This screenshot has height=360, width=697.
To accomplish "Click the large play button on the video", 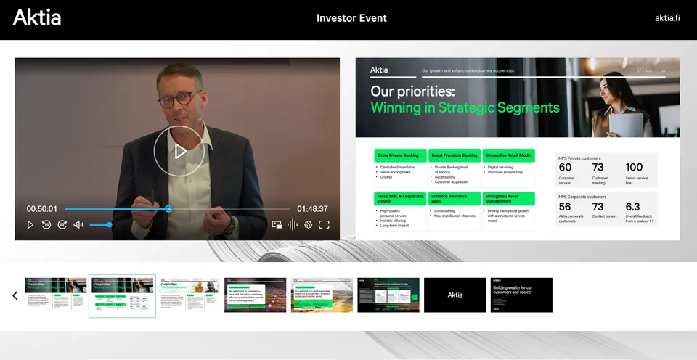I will click(179, 151).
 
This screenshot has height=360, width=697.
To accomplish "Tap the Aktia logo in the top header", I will click(37, 17).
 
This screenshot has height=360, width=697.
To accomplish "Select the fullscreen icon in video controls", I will click(324, 225).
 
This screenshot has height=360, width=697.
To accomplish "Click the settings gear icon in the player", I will click(308, 225).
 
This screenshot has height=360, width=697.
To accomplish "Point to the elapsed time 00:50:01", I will click(42, 209).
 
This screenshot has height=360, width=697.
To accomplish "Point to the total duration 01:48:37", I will click(312, 209).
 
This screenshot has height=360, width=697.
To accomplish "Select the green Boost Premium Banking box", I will click(454, 155).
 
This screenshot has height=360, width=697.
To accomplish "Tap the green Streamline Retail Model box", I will click(508, 155).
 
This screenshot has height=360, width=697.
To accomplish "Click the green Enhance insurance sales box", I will click(454, 198).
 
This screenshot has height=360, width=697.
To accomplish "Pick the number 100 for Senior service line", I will click(634, 168).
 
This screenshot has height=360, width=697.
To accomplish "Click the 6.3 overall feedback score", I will click(632, 207).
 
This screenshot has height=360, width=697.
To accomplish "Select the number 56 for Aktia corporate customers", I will click(565, 207).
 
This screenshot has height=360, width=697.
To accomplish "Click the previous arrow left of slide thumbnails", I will click(15, 295).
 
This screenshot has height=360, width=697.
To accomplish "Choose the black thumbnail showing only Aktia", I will click(455, 295).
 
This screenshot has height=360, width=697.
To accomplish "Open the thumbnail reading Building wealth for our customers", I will click(521, 295).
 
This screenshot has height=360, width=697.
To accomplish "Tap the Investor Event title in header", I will click(351, 18).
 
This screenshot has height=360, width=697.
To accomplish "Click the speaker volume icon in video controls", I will click(78, 225).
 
